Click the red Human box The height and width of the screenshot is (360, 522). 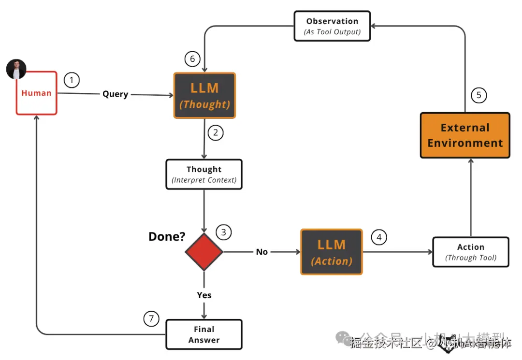[x=37, y=93]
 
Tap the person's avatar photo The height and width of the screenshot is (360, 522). [x=16, y=70]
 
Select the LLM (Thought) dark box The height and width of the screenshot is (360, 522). [x=204, y=96]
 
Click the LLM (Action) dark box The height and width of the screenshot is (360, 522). [x=332, y=252]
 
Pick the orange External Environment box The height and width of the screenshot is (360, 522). [x=465, y=135]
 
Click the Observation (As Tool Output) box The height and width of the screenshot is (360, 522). [x=332, y=26]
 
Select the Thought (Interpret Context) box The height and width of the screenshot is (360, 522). [x=204, y=174]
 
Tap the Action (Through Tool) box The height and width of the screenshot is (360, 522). [x=471, y=252]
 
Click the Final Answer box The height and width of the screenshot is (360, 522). [x=204, y=334]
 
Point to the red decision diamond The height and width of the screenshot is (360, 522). [x=204, y=252]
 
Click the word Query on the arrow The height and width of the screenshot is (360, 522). [x=115, y=94]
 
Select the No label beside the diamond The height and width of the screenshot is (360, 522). [x=262, y=252]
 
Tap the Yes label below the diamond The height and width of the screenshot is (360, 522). [x=204, y=295]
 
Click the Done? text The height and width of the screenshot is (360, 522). [x=167, y=237]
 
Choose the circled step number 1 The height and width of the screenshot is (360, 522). [x=72, y=80]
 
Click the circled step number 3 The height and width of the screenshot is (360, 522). [x=223, y=232]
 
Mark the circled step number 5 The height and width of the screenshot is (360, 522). [x=478, y=95]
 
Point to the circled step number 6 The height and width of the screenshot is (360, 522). [x=192, y=59]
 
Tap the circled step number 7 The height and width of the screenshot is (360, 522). [x=151, y=318]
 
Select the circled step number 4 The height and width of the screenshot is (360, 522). [x=379, y=237]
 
